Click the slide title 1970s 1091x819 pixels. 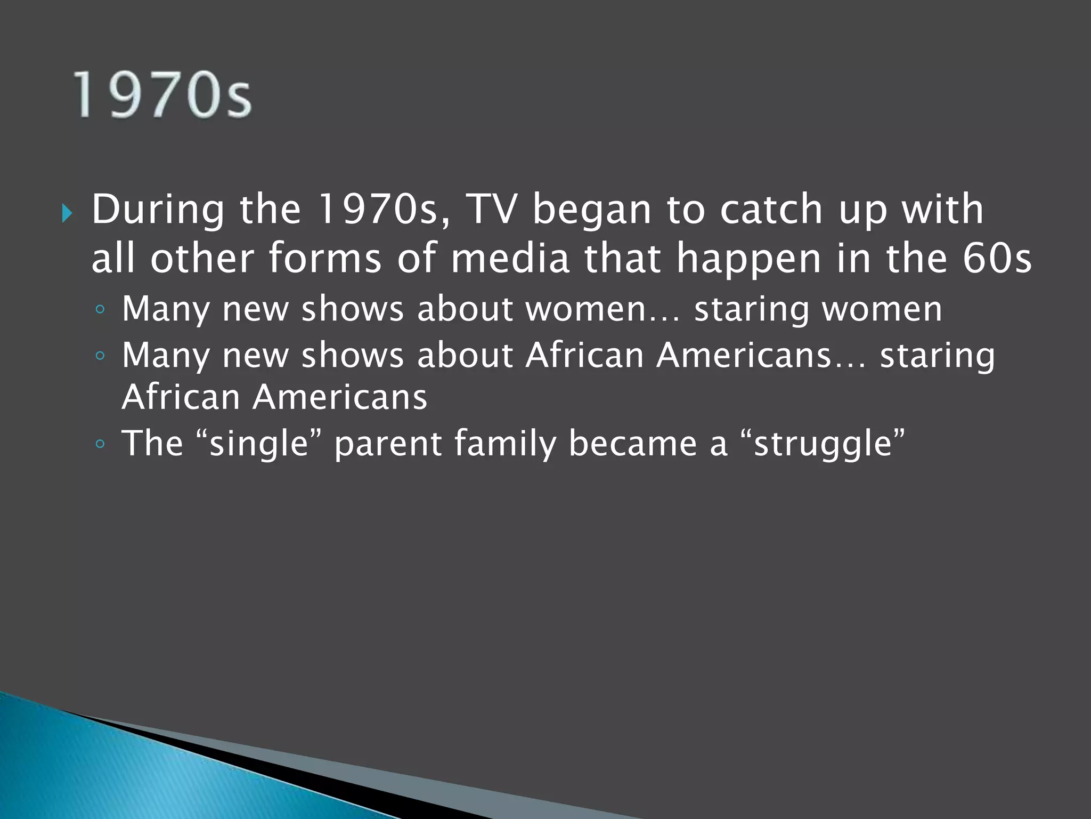pyautogui.click(x=162, y=95)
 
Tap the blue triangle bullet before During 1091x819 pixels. pyautogui.click(x=67, y=214)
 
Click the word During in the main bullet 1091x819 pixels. pyautogui.click(x=158, y=210)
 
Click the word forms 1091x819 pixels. pyautogui.click(x=325, y=258)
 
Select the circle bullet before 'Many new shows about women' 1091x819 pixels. pyautogui.click(x=100, y=309)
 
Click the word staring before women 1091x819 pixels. pyautogui.click(x=751, y=310)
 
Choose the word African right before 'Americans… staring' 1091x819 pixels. pyautogui.click(x=584, y=355)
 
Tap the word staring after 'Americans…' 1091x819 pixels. pyautogui.click(x=937, y=356)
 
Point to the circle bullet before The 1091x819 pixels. pyautogui.click(x=100, y=444)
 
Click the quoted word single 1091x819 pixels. pyautogui.click(x=259, y=444)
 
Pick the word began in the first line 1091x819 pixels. pyautogui.click(x=592, y=210)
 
